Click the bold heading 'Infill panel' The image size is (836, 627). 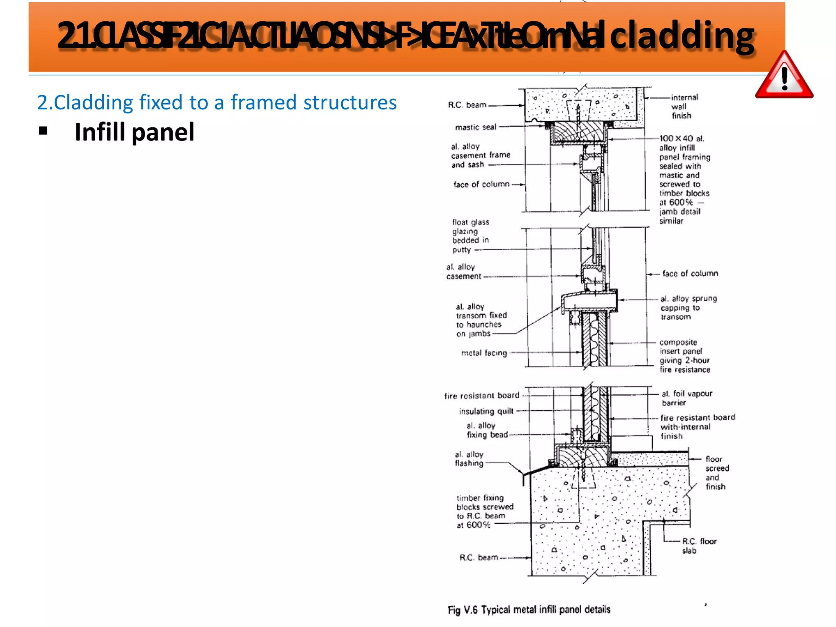[134, 132]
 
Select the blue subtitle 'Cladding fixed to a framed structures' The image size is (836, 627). [217, 102]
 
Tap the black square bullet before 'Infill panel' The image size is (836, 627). [43, 131]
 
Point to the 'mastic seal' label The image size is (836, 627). [476, 127]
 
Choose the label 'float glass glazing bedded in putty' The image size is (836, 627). [470, 236]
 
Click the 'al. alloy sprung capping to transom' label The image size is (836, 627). [688, 307]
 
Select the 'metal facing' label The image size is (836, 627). [484, 353]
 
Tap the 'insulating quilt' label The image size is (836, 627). [486, 411]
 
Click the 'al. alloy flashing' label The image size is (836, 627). [469, 459]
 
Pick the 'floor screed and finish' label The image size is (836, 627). [717, 473]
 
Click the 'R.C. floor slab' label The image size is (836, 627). [698, 546]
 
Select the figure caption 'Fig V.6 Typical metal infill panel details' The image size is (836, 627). [529, 609]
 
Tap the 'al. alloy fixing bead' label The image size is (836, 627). [487, 430]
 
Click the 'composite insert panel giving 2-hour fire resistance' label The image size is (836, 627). [685, 356]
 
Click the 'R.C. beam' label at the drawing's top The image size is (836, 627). [467, 105]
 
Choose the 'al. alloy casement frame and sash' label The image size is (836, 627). [480, 156]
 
